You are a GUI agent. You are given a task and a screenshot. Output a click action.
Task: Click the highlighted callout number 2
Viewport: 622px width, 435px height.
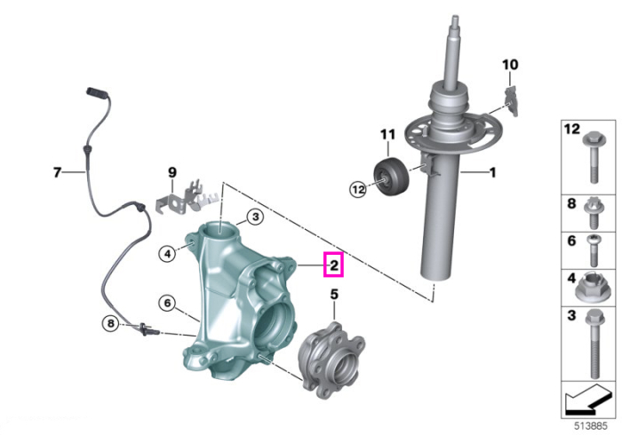pyautogui.click(x=333, y=265)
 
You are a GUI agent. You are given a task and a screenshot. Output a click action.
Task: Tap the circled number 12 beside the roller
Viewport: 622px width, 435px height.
pyautogui.click(x=358, y=189)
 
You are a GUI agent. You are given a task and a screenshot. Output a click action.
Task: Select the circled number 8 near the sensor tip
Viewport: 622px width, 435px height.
pyautogui.click(x=111, y=324)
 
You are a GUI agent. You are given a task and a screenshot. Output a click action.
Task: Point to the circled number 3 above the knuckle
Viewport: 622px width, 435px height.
pyautogui.click(x=255, y=217)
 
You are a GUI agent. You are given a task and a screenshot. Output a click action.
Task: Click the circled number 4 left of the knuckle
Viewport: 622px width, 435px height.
pyautogui.click(x=167, y=253)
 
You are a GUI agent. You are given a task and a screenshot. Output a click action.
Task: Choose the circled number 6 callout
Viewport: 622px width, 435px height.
pyautogui.click(x=167, y=303)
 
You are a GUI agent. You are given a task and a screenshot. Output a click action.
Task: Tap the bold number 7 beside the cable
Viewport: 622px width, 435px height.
pyautogui.click(x=58, y=172)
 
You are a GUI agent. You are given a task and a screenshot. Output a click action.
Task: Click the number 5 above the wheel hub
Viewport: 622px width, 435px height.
pyautogui.click(x=334, y=295)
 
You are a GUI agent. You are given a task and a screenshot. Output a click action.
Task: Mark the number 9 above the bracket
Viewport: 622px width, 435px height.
pyautogui.click(x=172, y=172)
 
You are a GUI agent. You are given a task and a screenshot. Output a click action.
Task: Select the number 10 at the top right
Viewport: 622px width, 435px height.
pyautogui.click(x=510, y=64)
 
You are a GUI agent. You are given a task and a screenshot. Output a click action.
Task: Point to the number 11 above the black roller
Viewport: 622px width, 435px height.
pyautogui.click(x=387, y=134)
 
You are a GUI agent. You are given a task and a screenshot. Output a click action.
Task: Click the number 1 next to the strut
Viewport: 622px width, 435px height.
pyautogui.click(x=492, y=172)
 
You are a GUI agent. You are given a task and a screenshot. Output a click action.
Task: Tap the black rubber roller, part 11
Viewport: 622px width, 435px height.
pyautogui.click(x=391, y=176)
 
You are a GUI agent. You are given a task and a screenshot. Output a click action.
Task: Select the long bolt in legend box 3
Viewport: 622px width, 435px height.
pyautogui.click(x=594, y=343)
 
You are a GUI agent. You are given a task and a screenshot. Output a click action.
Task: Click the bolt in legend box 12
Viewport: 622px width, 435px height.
pyautogui.click(x=594, y=157)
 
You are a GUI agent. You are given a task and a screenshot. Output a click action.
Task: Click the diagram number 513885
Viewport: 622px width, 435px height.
pyautogui.click(x=591, y=426)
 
